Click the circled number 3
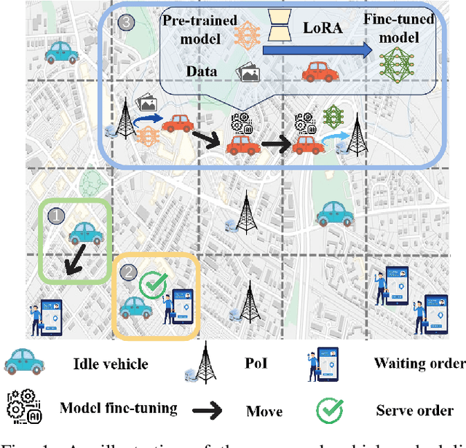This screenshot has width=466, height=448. pyautogui.click(x=127, y=23)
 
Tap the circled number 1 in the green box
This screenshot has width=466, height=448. pyautogui.click(x=56, y=216)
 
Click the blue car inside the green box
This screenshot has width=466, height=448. pyautogui.click(x=86, y=232)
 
